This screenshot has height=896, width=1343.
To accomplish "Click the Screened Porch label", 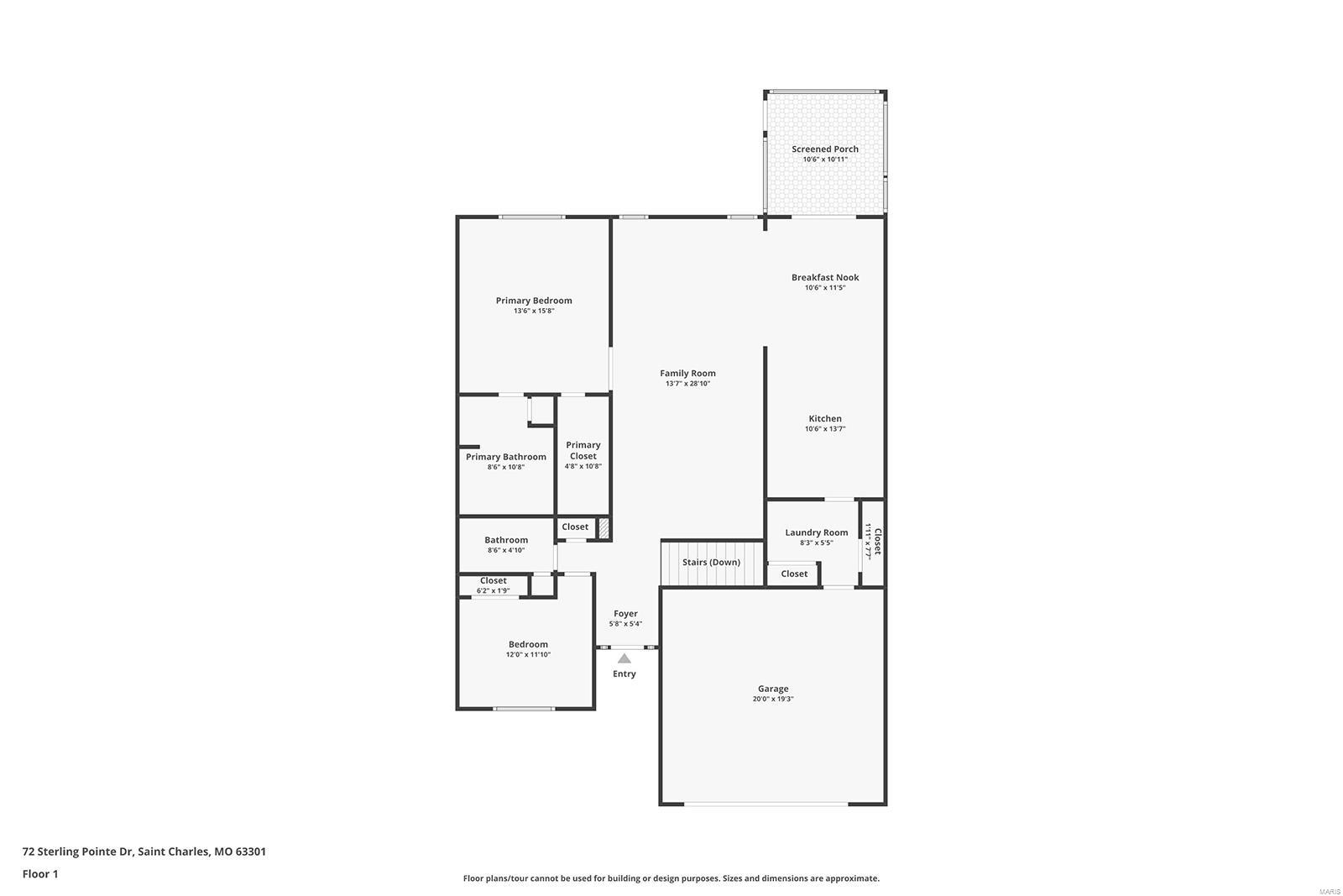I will tap(824, 149).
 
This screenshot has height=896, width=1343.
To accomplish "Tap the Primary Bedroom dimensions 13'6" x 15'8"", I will tap(534, 311).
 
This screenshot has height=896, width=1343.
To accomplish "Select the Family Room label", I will tap(687, 374).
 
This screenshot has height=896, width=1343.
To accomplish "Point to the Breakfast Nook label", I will tap(825, 277).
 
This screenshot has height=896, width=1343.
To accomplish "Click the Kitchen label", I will tap(825, 418).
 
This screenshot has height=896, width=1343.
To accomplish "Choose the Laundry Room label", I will tap(816, 532).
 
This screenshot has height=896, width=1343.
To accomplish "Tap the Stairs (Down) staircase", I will tap(712, 563).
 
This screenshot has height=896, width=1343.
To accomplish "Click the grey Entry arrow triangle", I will tap(624, 658).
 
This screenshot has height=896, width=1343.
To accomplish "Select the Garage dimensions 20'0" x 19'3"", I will tap(772, 699).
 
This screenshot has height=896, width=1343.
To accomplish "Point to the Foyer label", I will tap(625, 614).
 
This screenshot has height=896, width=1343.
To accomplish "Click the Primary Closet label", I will tap(583, 451).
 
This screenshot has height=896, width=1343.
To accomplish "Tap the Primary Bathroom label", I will tap(506, 457).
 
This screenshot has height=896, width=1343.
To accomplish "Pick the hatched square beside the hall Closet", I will tap(603, 528).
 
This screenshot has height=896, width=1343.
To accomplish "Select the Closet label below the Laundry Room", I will tap(794, 574).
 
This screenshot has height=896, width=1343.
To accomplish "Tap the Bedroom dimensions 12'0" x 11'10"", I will tap(528, 655).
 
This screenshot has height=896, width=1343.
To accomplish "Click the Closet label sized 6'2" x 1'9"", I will tap(494, 580).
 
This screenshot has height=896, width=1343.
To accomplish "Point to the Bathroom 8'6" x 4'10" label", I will tap(506, 540).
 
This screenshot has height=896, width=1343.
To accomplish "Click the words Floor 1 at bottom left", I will tap(40, 874).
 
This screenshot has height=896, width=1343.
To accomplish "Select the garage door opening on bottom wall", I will tap(766, 804).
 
